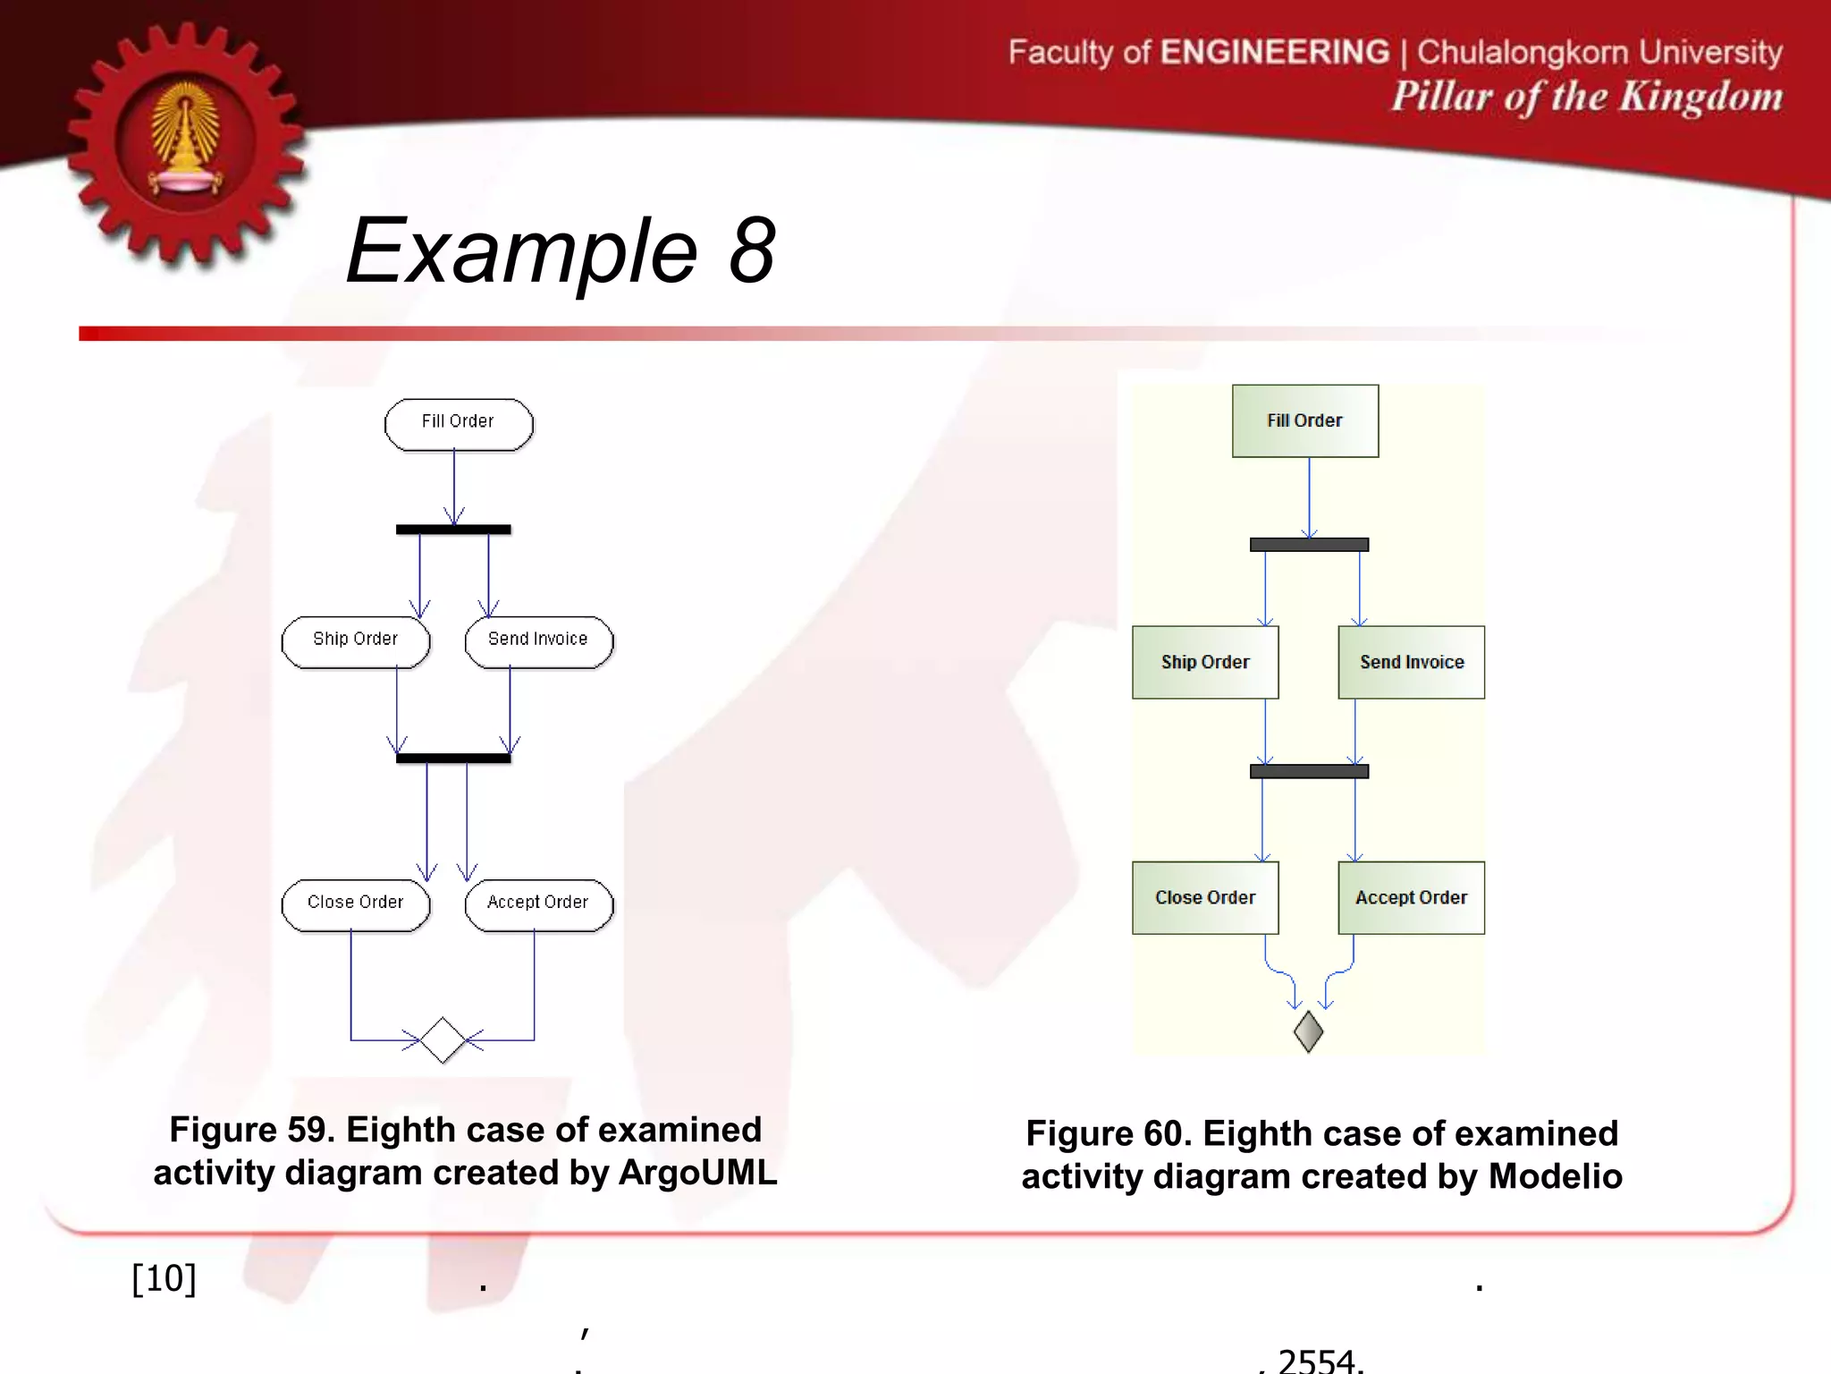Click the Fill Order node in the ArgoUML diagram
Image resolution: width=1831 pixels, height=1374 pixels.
point(459,424)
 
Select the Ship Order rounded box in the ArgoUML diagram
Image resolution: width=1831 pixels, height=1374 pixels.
point(356,641)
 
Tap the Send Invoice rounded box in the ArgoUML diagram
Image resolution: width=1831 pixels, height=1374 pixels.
point(539,641)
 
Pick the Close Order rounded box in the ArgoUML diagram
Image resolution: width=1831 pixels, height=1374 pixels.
point(356,904)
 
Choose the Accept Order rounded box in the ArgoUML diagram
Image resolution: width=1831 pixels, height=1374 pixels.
point(539,904)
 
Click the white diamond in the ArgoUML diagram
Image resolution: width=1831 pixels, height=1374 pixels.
point(443,1039)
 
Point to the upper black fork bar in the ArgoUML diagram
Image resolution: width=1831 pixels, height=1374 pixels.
point(453,530)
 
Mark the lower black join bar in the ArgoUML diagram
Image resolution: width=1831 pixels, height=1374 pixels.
point(453,758)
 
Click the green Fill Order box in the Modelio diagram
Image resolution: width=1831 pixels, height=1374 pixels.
point(1305,421)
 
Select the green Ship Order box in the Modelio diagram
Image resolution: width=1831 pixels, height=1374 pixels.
point(1205,662)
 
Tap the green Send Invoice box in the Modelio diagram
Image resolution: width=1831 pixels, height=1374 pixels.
point(1411,662)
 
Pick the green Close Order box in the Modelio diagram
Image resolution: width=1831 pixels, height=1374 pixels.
point(1205,897)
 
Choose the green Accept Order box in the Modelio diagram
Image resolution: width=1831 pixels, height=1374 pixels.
point(1411,897)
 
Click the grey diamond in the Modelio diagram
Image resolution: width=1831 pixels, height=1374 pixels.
point(1308,1031)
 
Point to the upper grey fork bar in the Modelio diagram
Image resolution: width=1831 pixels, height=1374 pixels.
point(1309,544)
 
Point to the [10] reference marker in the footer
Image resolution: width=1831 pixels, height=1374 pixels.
point(164,1278)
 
